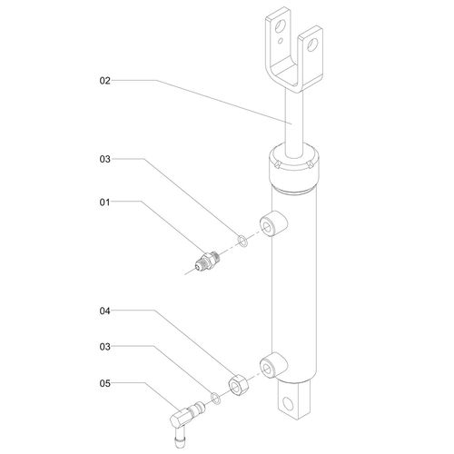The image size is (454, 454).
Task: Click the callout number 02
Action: [104, 81]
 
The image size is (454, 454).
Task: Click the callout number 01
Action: [104, 202]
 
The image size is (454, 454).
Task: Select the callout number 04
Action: [104, 311]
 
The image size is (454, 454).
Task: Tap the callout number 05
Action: [104, 383]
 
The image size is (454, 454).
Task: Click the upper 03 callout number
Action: [104, 159]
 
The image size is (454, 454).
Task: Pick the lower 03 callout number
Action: [104, 347]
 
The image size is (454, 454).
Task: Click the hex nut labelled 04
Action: [238, 385]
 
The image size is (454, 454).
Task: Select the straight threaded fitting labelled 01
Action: [208, 262]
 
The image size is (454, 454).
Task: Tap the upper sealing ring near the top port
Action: [242, 241]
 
